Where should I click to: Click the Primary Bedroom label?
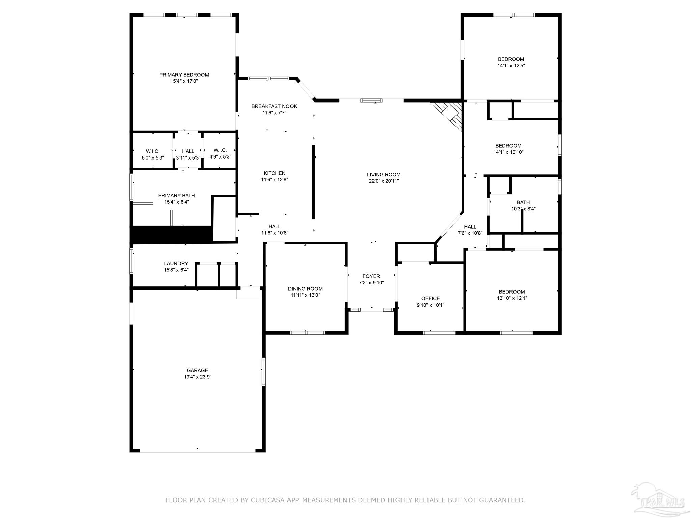[184, 75]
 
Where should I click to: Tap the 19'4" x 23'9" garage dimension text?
[197, 377]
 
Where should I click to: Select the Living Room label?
[384, 174]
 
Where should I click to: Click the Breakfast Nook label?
[274, 106]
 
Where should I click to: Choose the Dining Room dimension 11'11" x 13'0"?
[305, 295]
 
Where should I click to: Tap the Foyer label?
[371, 276]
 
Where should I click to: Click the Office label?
[431, 298]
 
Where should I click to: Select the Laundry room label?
[176, 263]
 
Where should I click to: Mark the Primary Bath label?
[176, 196]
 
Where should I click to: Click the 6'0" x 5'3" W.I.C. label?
[153, 154]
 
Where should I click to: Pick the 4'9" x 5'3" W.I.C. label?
[220, 153]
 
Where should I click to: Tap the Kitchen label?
[274, 173]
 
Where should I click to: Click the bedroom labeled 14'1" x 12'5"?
[511, 62]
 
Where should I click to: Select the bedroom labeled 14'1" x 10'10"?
[508, 149]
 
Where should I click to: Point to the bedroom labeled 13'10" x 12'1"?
[512, 295]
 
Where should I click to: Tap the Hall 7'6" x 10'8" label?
[470, 230]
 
